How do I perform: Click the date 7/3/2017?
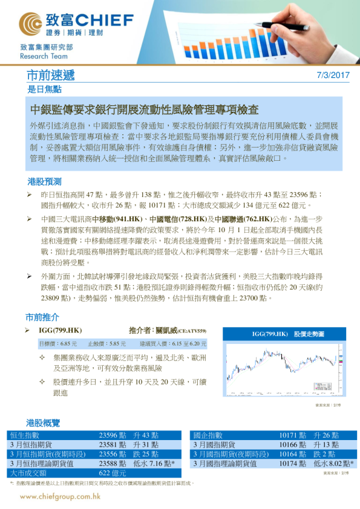tap(333, 76)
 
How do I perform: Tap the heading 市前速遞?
tap(51, 76)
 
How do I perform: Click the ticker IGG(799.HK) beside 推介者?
tap(60, 331)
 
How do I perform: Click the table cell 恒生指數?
tap(25, 435)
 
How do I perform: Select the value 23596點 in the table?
tap(113, 435)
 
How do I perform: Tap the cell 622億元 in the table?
tap(112, 473)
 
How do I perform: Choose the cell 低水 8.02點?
tap(333, 464)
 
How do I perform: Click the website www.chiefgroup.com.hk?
tap(60, 496)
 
